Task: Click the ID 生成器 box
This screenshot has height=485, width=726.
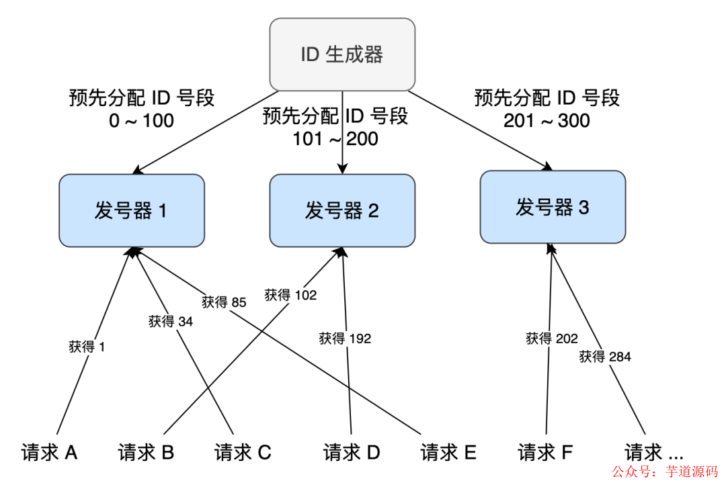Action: point(342,54)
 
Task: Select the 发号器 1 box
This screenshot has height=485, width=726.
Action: point(131,211)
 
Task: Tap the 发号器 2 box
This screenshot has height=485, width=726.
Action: point(342,211)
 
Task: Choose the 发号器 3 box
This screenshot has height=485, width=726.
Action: point(553,207)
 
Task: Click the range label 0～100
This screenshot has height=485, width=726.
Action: point(141,121)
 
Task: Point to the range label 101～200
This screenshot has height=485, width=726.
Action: point(335,139)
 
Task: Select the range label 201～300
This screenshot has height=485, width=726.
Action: point(547,121)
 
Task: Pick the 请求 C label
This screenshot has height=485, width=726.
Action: point(243,453)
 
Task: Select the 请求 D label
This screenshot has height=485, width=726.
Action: point(352,453)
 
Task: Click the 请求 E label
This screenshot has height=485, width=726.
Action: point(448,453)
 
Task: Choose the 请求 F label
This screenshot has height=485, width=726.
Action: point(545,453)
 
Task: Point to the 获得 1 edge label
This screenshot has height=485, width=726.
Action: point(87,347)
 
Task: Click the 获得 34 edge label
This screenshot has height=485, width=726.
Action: point(171,322)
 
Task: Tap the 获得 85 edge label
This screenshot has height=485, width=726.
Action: point(224,302)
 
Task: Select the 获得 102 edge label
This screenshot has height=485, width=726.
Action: point(290,294)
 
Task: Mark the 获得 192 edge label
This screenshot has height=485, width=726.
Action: point(345,339)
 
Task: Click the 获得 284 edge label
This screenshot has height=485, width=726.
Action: point(605,357)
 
